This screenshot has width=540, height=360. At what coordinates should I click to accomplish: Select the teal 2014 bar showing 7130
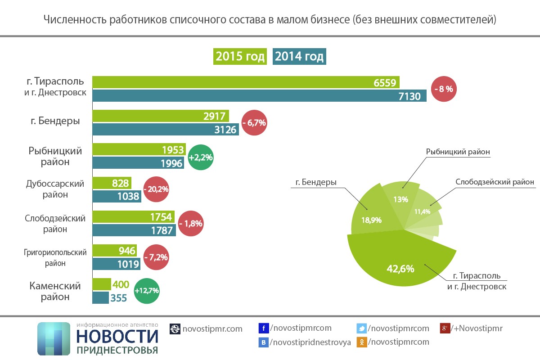click(x=259, y=96)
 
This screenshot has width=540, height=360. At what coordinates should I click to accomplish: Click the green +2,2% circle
click(x=201, y=157)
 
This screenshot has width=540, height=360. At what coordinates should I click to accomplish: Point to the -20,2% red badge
click(x=156, y=189)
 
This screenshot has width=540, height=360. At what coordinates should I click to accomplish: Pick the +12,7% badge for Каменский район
click(x=147, y=291)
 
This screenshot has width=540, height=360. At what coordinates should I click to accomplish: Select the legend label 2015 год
click(x=240, y=57)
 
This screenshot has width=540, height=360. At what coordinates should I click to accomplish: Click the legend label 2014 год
click(x=299, y=57)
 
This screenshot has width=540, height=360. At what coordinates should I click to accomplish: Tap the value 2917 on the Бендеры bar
click(x=214, y=116)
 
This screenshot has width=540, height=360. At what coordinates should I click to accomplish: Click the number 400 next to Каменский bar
click(x=120, y=285)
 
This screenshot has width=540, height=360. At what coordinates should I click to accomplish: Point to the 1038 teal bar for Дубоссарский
click(x=117, y=196)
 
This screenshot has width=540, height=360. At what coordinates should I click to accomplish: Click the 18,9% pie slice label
click(x=372, y=220)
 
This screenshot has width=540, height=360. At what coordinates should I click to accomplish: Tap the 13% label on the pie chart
click(x=400, y=199)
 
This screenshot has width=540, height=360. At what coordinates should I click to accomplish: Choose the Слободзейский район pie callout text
click(x=495, y=182)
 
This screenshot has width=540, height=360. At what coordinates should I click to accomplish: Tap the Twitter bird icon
click(x=361, y=328)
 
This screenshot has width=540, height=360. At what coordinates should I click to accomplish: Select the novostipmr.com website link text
click(x=212, y=329)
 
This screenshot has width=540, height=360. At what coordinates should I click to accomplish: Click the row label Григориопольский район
click(x=55, y=257)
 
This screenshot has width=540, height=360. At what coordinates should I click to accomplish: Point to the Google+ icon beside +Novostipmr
click(x=445, y=328)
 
